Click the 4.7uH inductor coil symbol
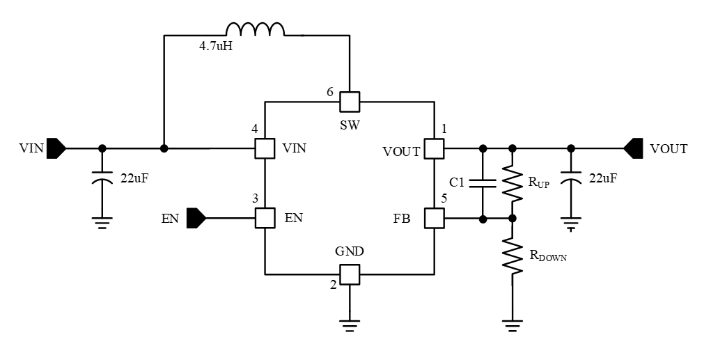coord(256,30)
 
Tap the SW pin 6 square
coord(349,102)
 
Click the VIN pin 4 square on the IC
coord(265,148)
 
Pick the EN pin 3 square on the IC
coord(265,219)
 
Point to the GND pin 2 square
coord(349,274)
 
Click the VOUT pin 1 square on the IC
coord(435,148)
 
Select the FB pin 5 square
coord(435,219)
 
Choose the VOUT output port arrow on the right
coord(632,148)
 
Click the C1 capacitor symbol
coord(482,183)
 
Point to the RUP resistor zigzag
coord(513,183)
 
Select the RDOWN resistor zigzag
coord(513,255)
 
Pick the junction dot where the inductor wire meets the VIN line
coord(164,148)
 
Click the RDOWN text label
coord(548,256)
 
